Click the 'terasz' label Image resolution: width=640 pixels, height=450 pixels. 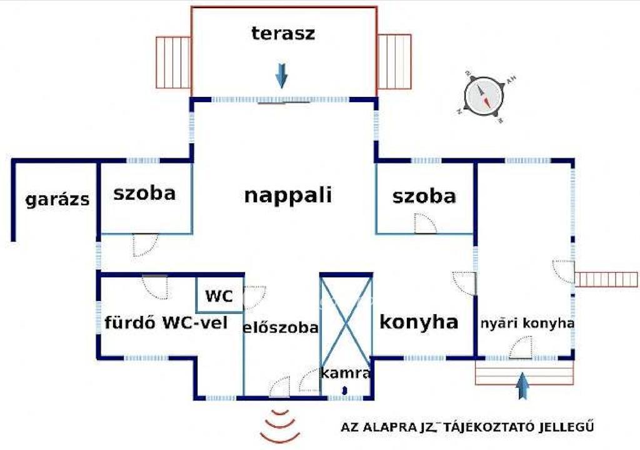tap(283, 33)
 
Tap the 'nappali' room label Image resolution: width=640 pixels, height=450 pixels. tap(287, 195)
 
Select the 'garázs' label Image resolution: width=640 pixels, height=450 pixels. tap(57, 200)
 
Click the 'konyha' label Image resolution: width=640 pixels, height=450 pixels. tap(419, 322)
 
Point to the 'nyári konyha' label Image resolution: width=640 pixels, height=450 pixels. tap(527, 324)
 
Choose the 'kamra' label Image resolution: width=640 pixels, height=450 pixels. tap(346, 374)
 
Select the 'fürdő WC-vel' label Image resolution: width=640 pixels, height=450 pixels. tap(166, 324)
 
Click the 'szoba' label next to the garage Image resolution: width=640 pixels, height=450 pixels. tap(144, 193)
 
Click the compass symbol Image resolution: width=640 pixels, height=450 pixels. tap(484, 96)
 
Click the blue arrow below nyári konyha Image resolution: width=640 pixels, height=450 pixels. tap(523, 385)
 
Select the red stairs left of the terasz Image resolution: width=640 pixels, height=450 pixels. tap(172, 62)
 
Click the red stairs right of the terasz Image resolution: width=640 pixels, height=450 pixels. tap(394, 61)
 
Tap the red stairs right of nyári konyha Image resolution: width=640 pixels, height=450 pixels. tap(606, 279)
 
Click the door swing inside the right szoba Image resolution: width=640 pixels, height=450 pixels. tap(424, 224)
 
